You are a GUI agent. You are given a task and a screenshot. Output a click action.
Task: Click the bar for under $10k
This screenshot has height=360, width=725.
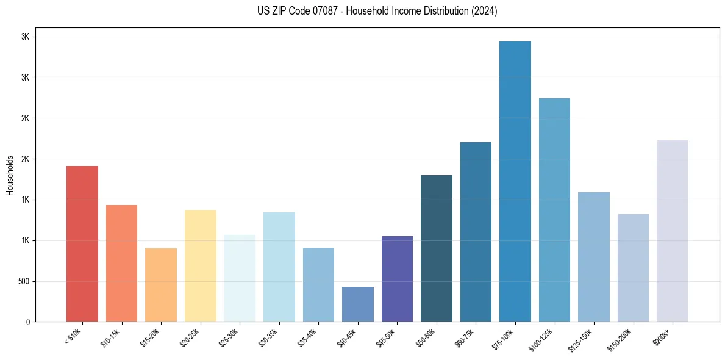82,244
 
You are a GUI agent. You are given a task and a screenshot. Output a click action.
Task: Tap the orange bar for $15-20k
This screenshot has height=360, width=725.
161,285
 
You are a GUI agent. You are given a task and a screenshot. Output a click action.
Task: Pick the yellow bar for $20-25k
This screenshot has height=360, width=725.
201,266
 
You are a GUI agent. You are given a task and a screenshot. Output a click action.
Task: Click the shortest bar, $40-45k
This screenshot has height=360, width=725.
358,304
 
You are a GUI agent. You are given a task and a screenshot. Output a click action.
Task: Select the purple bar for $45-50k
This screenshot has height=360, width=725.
397,279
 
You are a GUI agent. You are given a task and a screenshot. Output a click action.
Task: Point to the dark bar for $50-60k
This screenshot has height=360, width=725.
437,248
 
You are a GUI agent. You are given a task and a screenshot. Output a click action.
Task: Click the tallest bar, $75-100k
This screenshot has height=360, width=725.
515,182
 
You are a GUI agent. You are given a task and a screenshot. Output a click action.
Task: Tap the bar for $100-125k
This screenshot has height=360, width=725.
554,210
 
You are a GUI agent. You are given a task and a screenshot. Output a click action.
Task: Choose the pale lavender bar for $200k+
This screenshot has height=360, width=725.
673,231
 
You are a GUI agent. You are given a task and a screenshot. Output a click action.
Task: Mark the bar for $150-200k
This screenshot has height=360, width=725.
633,268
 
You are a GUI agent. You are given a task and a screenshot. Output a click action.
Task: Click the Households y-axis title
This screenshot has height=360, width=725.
10,175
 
